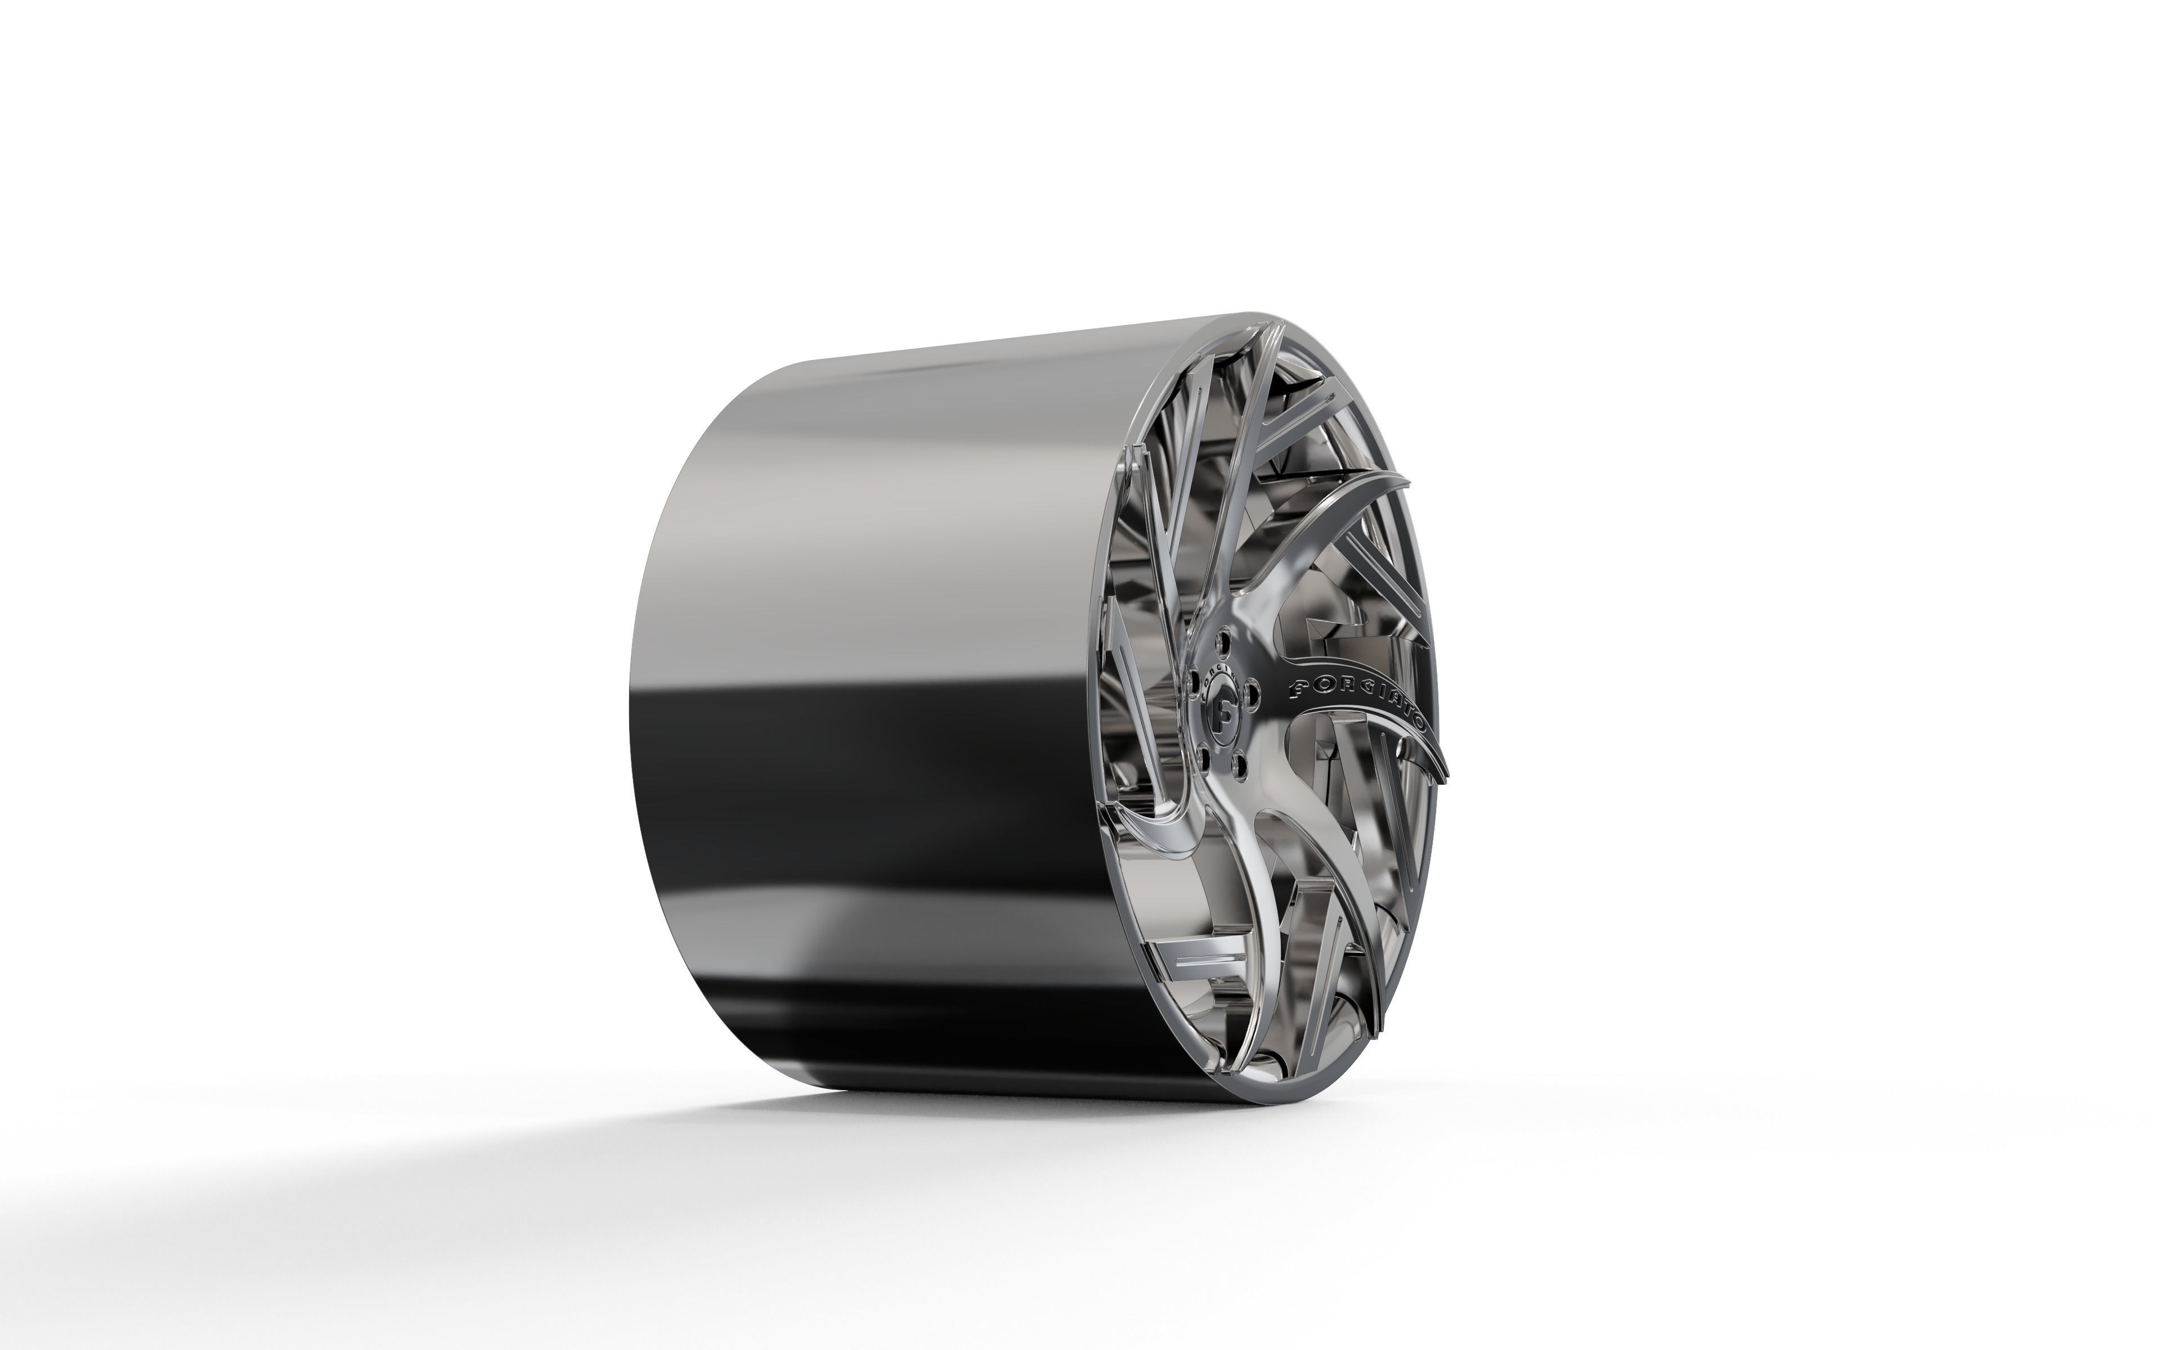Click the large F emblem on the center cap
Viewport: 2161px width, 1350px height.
pos(1223,716)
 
